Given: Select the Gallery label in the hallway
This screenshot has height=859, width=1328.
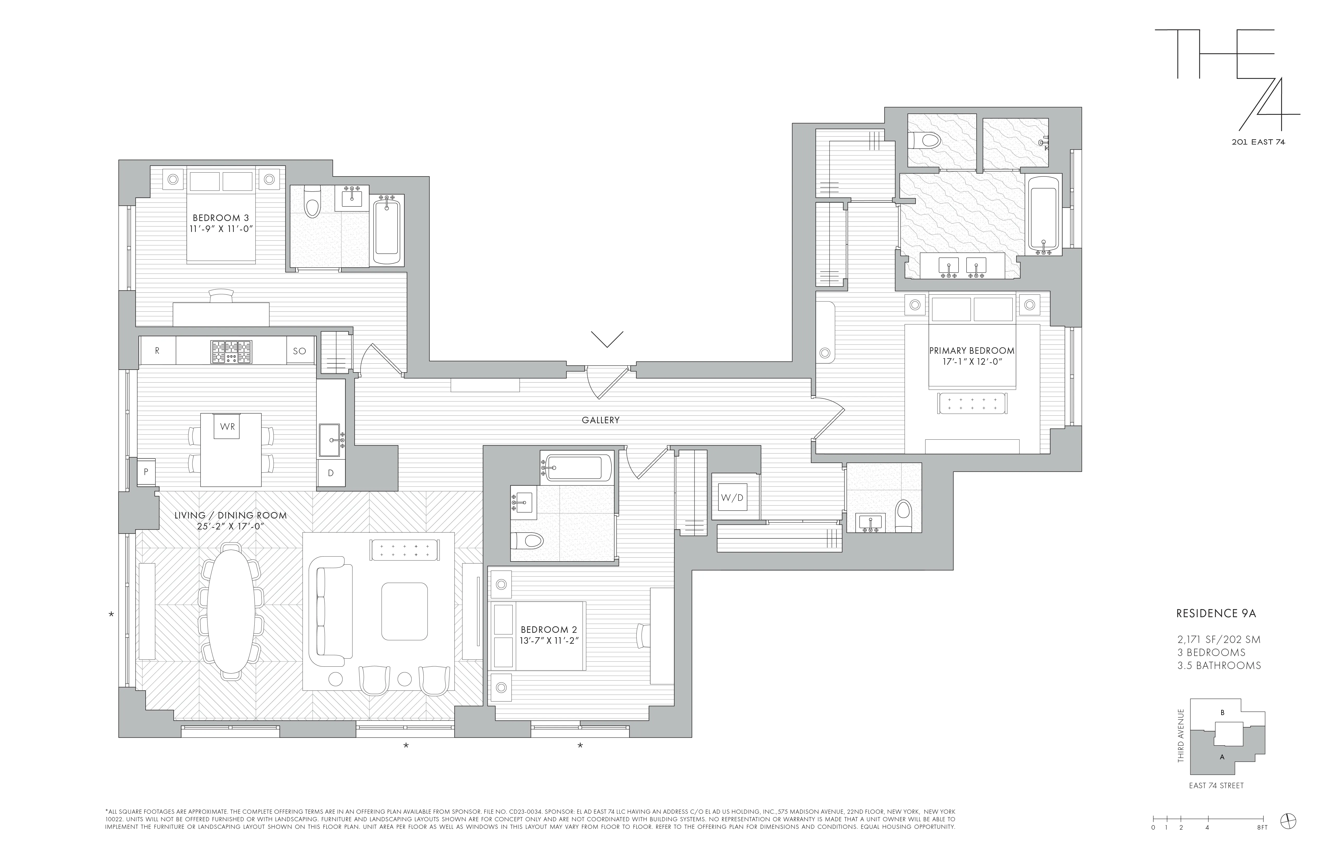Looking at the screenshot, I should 600,420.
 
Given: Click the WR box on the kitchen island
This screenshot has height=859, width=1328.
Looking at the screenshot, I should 227,427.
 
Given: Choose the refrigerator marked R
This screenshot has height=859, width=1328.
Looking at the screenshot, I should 157,351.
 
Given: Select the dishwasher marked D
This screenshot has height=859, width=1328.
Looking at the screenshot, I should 330,473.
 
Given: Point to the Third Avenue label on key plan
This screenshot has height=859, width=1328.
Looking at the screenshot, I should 1181,735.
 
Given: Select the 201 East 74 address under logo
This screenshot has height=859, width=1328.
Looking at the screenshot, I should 1258,142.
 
